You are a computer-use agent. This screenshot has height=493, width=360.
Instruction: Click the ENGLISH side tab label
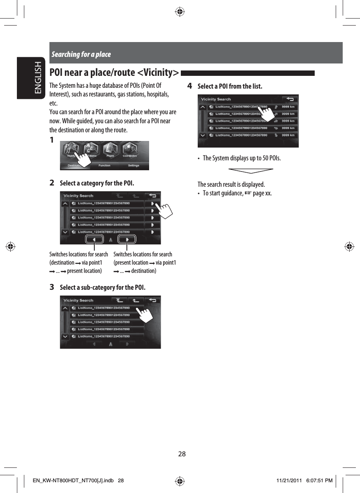point(38,78)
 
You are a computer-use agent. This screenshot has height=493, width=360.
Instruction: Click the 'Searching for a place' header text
point(81,54)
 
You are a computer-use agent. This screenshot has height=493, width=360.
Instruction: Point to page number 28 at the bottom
point(182,454)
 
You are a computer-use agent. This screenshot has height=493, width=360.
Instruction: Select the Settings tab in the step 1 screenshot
point(133,166)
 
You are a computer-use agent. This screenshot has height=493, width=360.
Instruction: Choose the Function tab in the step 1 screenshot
point(105,166)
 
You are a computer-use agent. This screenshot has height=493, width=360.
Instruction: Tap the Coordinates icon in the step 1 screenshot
point(130,150)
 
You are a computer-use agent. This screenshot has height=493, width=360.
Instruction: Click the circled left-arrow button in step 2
point(94,239)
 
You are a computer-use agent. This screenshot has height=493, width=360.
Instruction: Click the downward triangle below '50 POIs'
point(250,171)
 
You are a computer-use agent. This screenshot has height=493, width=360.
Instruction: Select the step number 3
point(52,287)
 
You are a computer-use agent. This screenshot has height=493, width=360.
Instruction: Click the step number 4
point(189,86)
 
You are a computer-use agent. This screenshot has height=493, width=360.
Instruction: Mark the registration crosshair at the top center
point(180,12)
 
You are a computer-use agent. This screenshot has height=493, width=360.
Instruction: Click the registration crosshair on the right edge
point(349,247)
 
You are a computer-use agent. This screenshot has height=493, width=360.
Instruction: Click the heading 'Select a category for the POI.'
point(97,183)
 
